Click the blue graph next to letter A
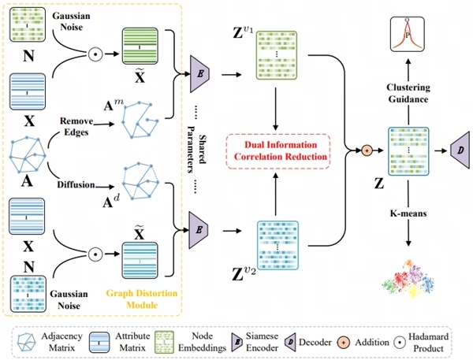click(27, 154)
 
